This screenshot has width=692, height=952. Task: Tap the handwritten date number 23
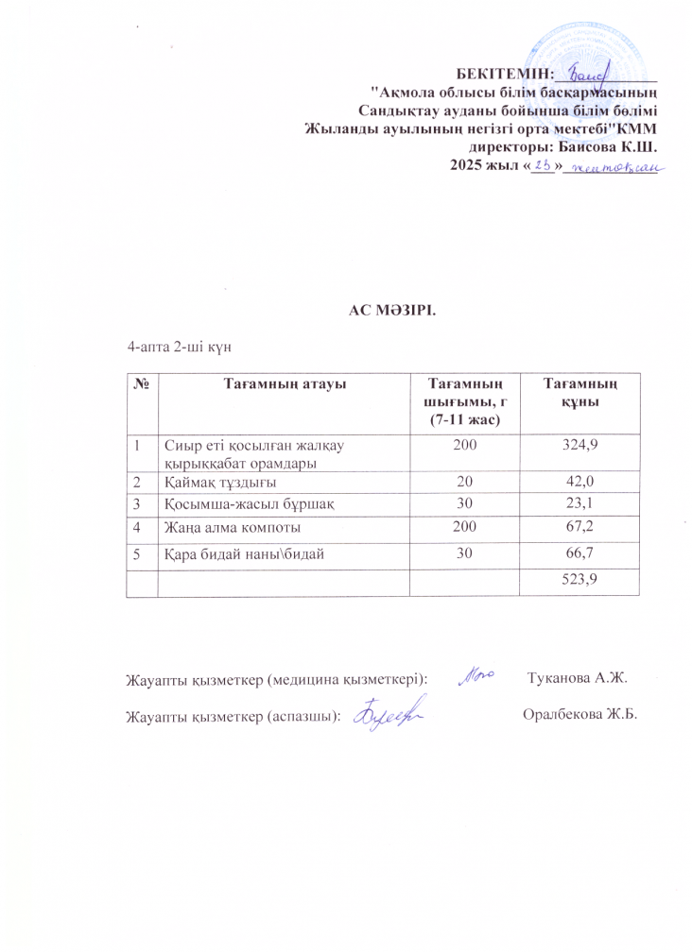click(543, 166)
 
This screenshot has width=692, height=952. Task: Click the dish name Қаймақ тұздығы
click(216, 482)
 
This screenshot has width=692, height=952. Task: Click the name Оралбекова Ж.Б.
click(580, 713)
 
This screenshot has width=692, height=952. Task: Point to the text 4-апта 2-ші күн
click(181, 348)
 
